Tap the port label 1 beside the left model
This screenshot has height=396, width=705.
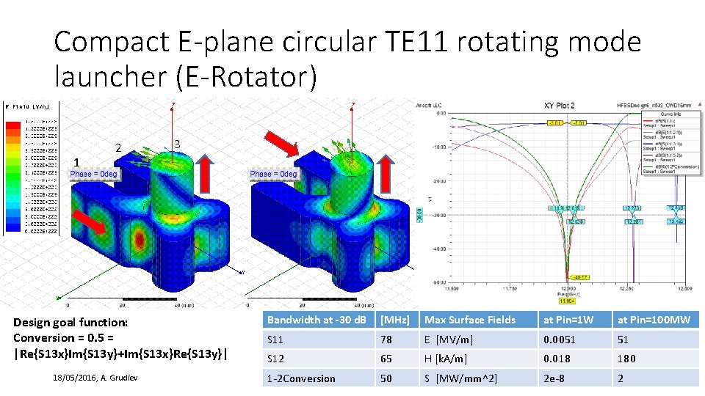(x=79, y=162)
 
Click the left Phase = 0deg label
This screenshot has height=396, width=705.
(x=93, y=175)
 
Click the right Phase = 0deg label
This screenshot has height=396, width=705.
(x=273, y=175)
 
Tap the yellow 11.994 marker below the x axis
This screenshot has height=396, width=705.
(x=567, y=301)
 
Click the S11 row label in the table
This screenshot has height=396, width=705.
(x=276, y=340)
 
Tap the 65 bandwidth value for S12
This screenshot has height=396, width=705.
(x=386, y=359)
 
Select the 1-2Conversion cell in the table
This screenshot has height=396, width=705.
(x=301, y=378)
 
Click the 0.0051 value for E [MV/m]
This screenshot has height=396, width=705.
(x=559, y=340)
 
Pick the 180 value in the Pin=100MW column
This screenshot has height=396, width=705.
(x=627, y=359)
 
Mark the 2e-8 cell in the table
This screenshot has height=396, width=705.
(x=554, y=378)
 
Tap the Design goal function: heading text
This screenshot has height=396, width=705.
(x=70, y=322)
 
